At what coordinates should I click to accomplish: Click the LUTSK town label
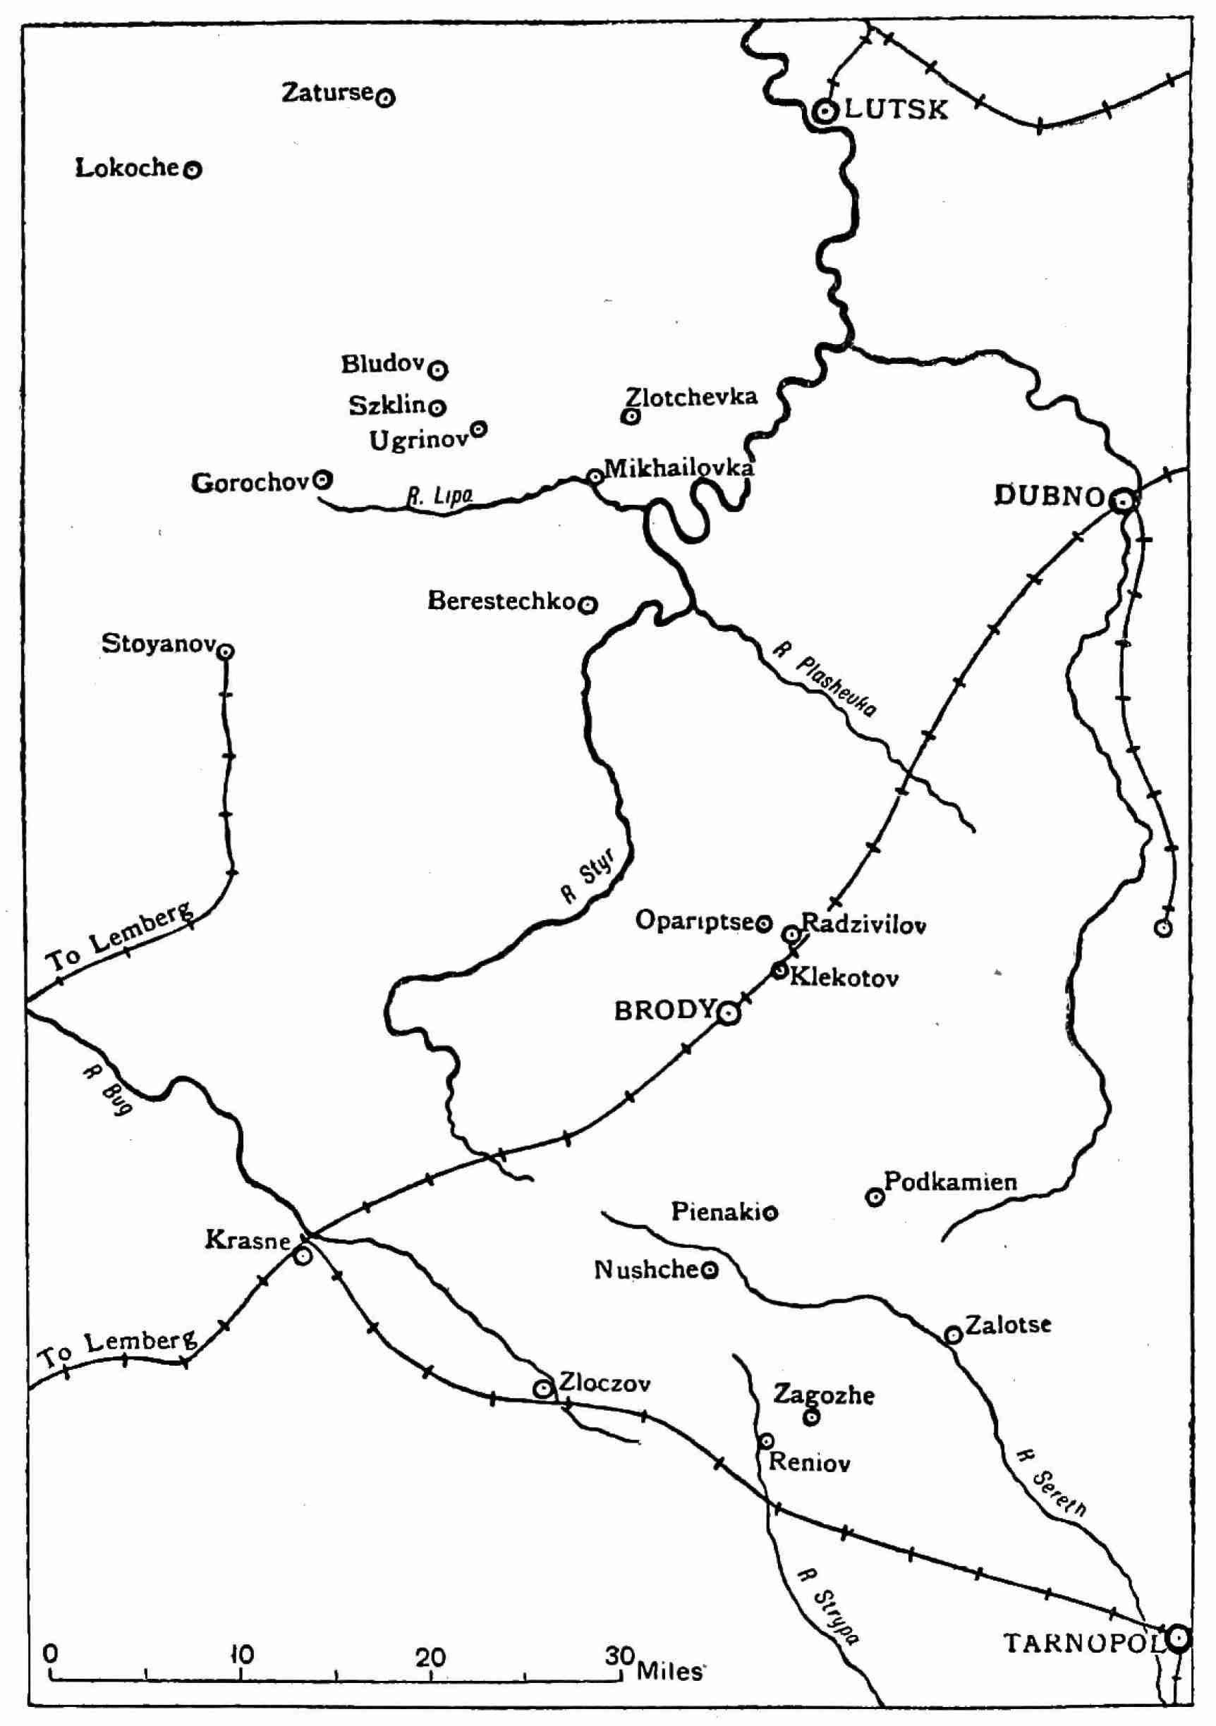pyautogui.click(x=896, y=110)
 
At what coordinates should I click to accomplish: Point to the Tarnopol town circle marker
pyautogui.click(x=1179, y=1636)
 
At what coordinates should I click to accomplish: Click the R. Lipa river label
pyautogui.click(x=440, y=496)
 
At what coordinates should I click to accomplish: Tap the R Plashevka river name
pyautogui.click(x=826, y=679)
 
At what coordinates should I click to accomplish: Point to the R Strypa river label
pyautogui.click(x=829, y=1608)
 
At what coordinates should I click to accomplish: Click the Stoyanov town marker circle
pyautogui.click(x=226, y=651)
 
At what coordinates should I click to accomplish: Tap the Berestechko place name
pyautogui.click(x=501, y=601)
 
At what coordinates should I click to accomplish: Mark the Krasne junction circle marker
pyautogui.click(x=303, y=1256)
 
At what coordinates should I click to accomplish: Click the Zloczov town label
pyautogui.click(x=604, y=1383)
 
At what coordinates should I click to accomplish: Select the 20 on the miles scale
pyautogui.click(x=431, y=1655)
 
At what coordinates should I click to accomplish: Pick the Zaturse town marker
pyautogui.click(x=385, y=97)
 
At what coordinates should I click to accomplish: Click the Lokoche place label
pyautogui.click(x=127, y=168)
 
